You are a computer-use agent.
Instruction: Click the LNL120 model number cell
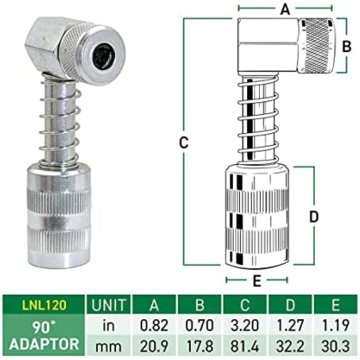pos(44,305)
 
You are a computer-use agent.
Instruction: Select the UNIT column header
pos(109,305)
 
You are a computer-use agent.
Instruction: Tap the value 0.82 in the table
pos(154,325)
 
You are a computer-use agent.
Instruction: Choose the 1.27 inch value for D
pos(290,325)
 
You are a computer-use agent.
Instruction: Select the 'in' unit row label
pos(109,325)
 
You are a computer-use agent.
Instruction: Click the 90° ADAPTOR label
pos(44,335)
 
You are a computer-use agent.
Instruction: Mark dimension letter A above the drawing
pos(285,10)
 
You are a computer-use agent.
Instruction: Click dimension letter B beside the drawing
pos(347,46)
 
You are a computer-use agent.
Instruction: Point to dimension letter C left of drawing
pos(184,143)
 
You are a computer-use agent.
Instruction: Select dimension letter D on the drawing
pos(314,217)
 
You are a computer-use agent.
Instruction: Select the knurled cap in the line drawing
pos(317,46)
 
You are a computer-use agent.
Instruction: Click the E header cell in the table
pos(336,305)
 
